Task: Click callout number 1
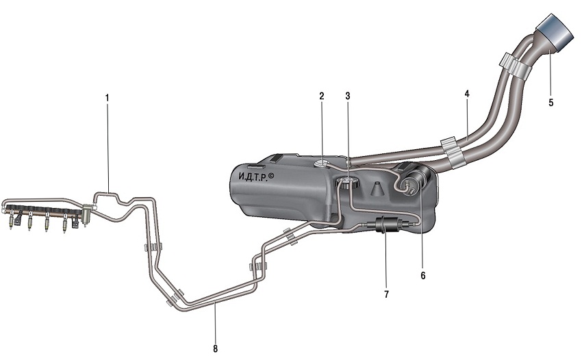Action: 107,99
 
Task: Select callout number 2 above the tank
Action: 321,96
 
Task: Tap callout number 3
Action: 347,96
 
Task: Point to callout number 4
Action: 467,94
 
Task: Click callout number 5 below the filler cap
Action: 551,103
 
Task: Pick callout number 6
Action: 422,275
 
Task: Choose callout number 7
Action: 386,294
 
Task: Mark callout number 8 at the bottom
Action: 215,349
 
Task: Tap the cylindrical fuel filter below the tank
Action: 384,224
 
